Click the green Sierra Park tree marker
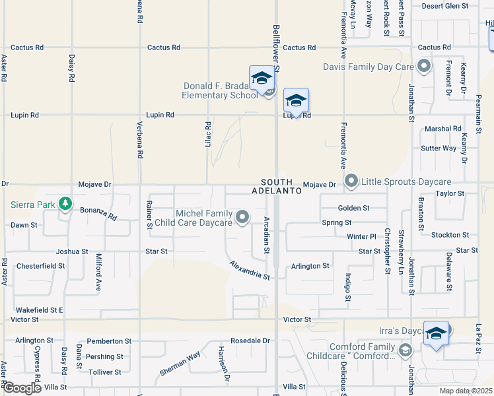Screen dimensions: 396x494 (x=65, y=204)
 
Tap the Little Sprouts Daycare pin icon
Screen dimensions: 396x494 (x=351, y=181)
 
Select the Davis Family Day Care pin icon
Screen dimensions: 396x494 (x=424, y=66)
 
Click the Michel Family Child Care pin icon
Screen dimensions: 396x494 (x=243, y=216)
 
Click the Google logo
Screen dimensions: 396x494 (x=21, y=388)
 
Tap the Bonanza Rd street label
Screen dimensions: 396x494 (x=98, y=213)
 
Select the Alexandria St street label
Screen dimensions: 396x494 (x=250, y=270)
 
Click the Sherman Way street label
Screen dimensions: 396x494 (x=180, y=364)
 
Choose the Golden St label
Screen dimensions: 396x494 (x=353, y=208)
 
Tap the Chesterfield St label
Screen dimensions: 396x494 (x=41, y=266)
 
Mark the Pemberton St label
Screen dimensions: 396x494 (x=109, y=341)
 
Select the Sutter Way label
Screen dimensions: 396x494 (x=439, y=148)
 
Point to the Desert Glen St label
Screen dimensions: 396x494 (x=445, y=6)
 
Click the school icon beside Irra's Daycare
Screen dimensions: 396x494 (x=435, y=333)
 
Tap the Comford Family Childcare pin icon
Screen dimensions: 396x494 (x=406, y=350)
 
